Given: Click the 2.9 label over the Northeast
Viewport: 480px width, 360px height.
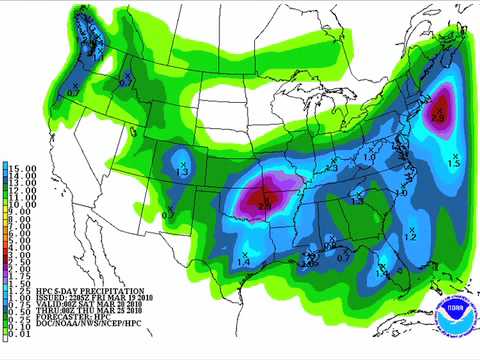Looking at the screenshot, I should point(437,119).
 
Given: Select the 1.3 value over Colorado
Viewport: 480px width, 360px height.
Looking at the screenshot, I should point(182,173).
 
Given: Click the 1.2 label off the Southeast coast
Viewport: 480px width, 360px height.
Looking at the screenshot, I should point(409,237).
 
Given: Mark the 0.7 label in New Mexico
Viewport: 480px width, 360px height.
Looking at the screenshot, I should point(168,215).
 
